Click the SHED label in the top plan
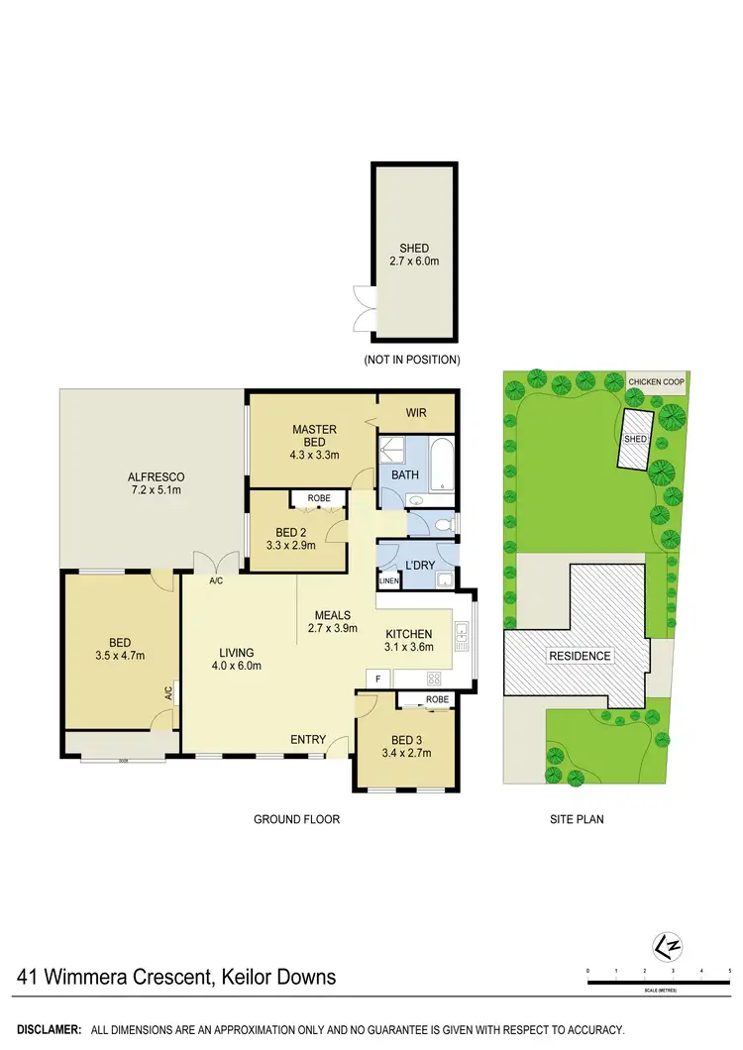tap(413, 249)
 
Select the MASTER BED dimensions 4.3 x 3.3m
tap(314, 456)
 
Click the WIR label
tap(417, 412)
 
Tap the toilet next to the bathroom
tap(443, 522)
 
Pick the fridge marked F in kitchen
tap(377, 679)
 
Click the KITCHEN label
tap(407, 633)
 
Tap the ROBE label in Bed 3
tap(437, 699)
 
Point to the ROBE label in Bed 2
tap(318, 498)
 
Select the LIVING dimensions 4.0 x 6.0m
tap(238, 666)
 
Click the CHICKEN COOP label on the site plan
tap(656, 380)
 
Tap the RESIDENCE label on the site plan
tap(580, 656)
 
